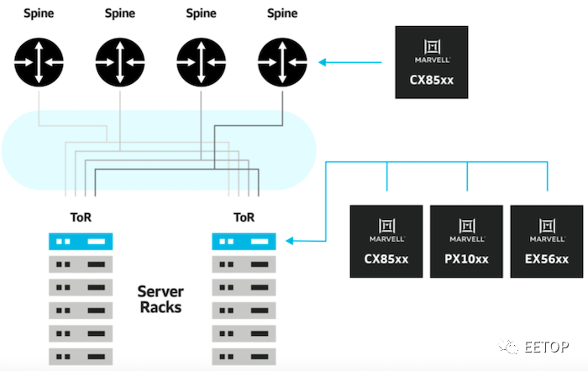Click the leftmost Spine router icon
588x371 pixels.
coord(39,62)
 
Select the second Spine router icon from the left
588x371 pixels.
coord(120,62)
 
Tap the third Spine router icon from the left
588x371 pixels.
coord(201,62)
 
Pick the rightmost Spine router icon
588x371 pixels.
coord(282,62)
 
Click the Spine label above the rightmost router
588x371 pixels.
coord(282,13)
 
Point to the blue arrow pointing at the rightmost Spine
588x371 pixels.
coord(350,62)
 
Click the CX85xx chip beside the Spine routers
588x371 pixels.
coord(432,62)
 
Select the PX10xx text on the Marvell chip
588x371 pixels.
coord(466,259)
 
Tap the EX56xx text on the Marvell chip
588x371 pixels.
coord(547,259)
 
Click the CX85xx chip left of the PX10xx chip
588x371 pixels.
coord(386,242)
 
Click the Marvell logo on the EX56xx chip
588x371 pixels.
coord(547,230)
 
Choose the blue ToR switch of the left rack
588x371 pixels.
coord(81,242)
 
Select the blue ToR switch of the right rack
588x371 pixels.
coord(244,242)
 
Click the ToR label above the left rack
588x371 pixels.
coord(81,217)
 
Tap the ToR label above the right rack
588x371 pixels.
coord(244,217)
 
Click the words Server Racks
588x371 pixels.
coord(160,299)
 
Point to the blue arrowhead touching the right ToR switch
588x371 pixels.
coord(289,241)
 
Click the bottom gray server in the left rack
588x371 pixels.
coord(81,357)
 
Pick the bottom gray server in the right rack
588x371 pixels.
coord(244,357)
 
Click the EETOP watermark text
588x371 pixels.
coord(546,347)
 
